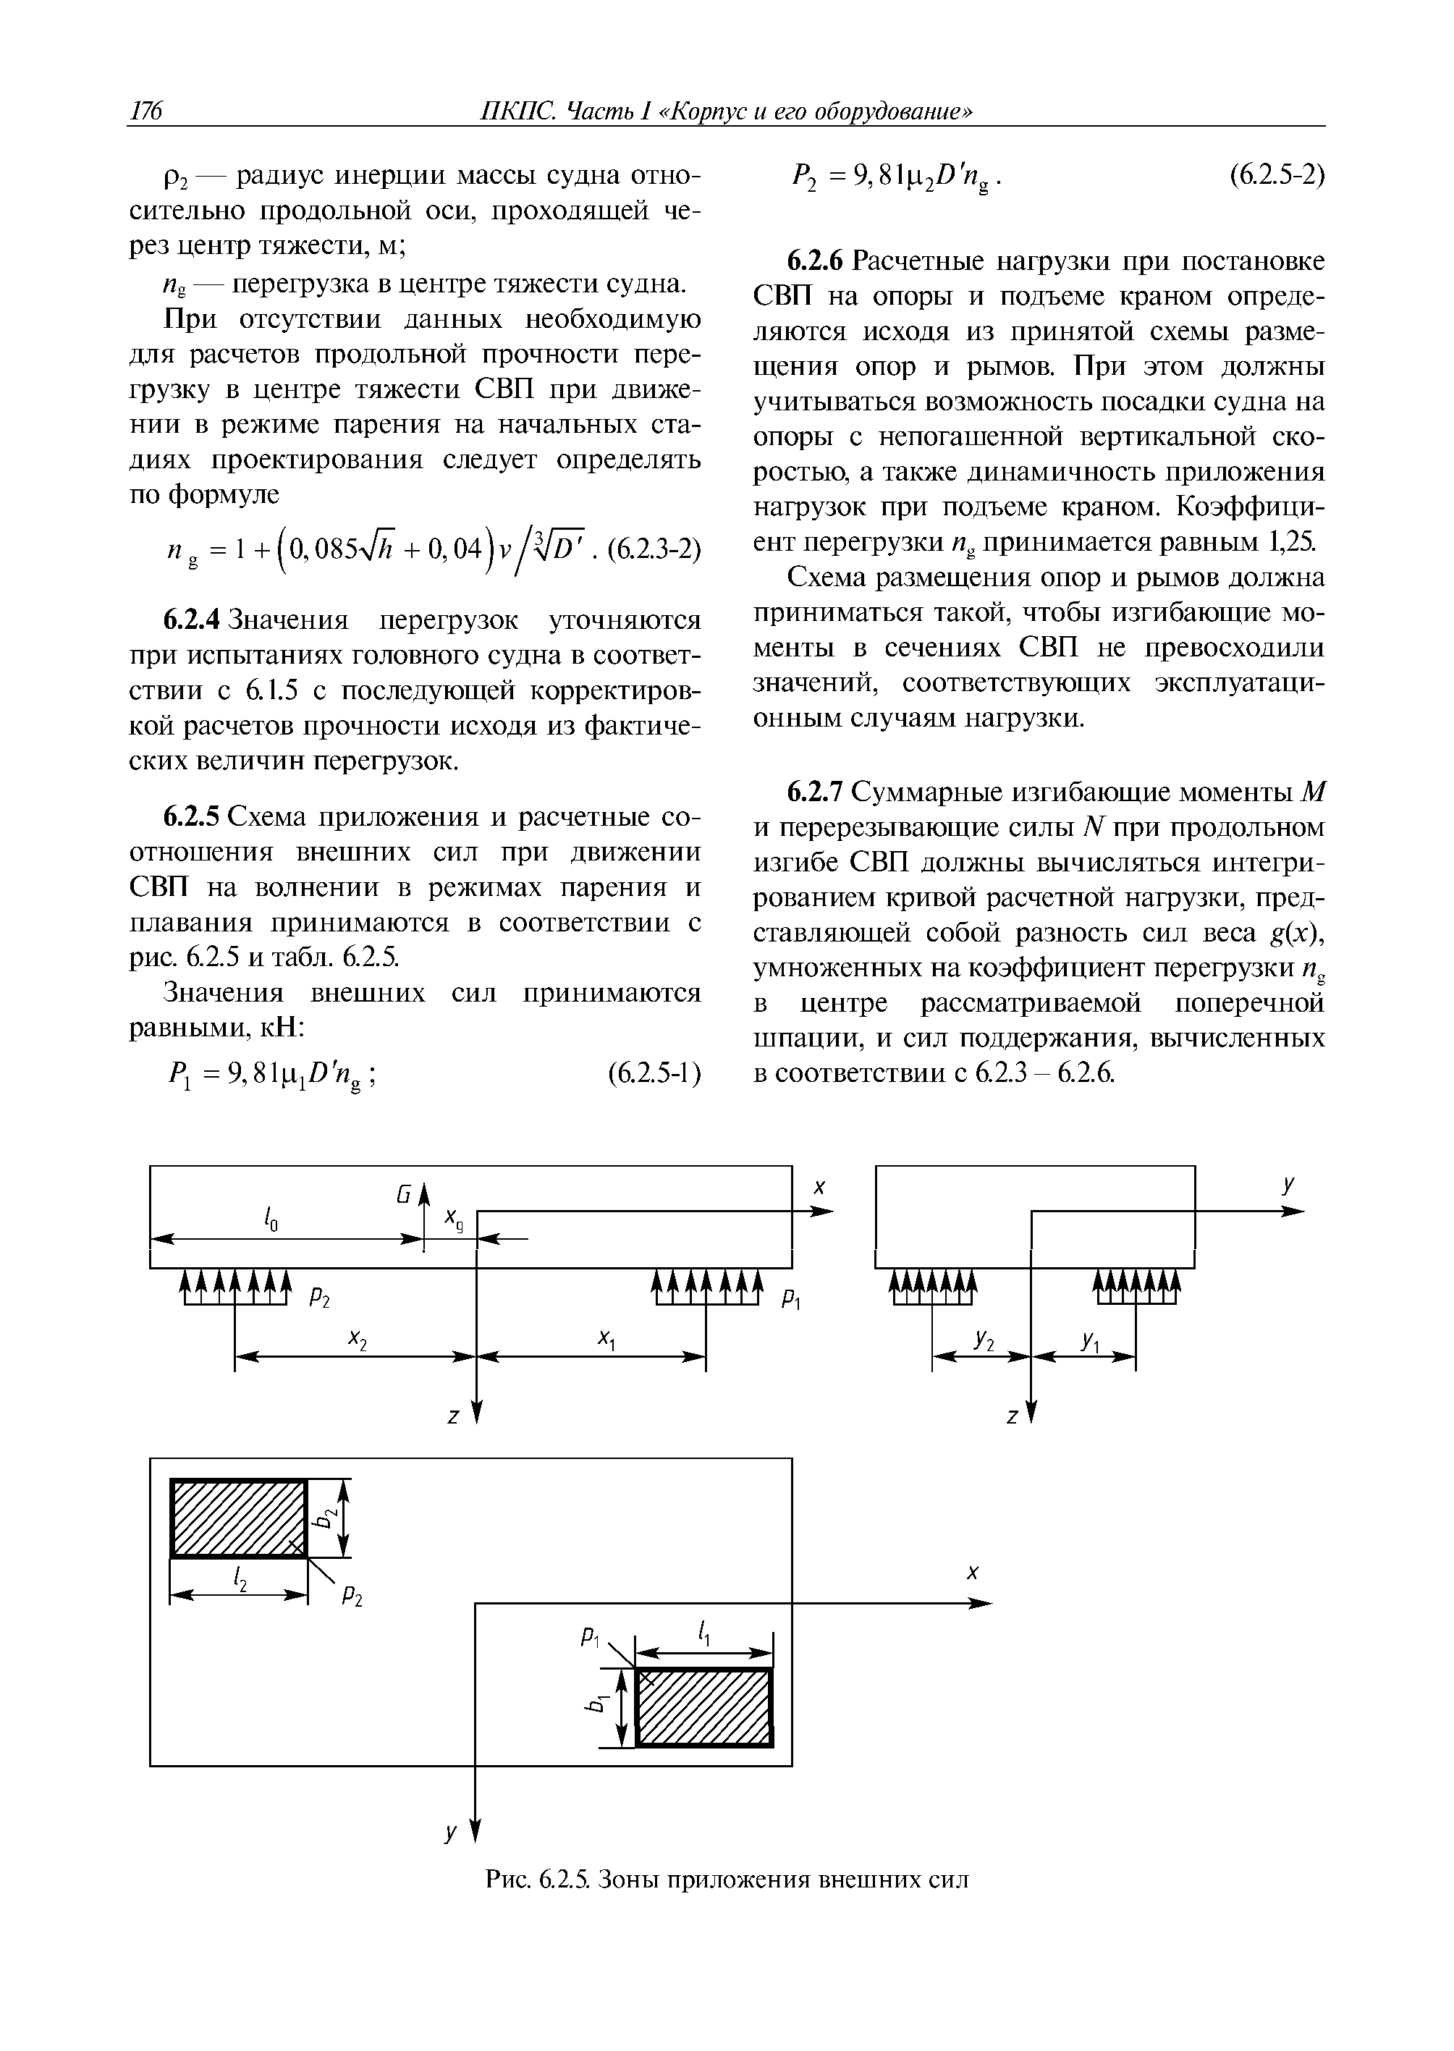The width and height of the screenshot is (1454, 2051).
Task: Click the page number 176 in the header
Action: pyautogui.click(x=145, y=111)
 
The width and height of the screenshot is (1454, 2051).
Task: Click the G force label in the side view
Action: pyautogui.click(x=404, y=1194)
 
